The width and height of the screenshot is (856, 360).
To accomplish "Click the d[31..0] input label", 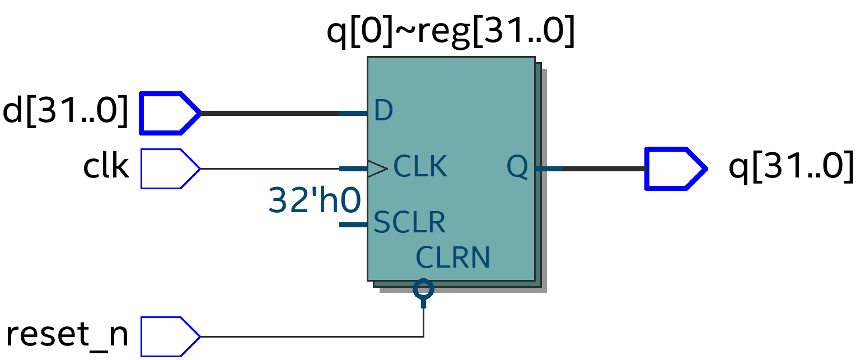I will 66,112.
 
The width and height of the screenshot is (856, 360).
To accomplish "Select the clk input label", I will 106,167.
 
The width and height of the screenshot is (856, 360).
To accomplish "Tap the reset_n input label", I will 67,335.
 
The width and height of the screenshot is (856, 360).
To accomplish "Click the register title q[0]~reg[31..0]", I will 451,32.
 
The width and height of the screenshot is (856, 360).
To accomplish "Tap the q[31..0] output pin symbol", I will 675,169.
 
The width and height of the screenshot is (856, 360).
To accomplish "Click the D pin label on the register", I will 383,111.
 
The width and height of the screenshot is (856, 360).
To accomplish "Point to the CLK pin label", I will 420,166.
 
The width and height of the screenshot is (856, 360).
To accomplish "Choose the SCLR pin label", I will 409,222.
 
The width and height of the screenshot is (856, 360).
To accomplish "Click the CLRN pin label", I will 453,258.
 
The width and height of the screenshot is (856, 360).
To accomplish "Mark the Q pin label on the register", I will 517,167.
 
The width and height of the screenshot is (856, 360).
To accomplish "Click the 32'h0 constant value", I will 314,200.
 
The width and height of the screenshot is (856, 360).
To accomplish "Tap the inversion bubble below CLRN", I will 423,289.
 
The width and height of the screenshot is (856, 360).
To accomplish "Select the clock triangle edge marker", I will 377,169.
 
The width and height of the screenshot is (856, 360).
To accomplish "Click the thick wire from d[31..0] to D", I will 269,113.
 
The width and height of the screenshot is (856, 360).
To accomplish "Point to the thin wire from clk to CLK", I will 269,169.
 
